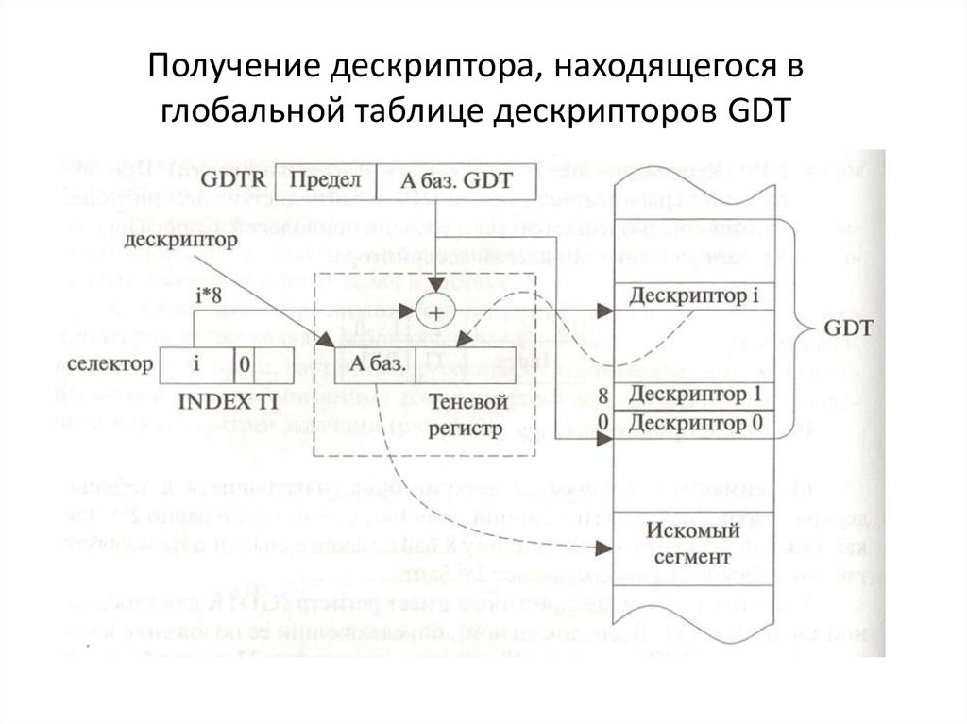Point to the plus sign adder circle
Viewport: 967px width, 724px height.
coord(436,310)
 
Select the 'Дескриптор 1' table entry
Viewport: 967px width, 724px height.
coord(695,393)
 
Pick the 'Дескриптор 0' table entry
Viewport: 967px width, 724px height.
coord(695,422)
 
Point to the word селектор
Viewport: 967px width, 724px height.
coord(111,363)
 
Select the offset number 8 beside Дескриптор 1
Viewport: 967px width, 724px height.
coord(602,394)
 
